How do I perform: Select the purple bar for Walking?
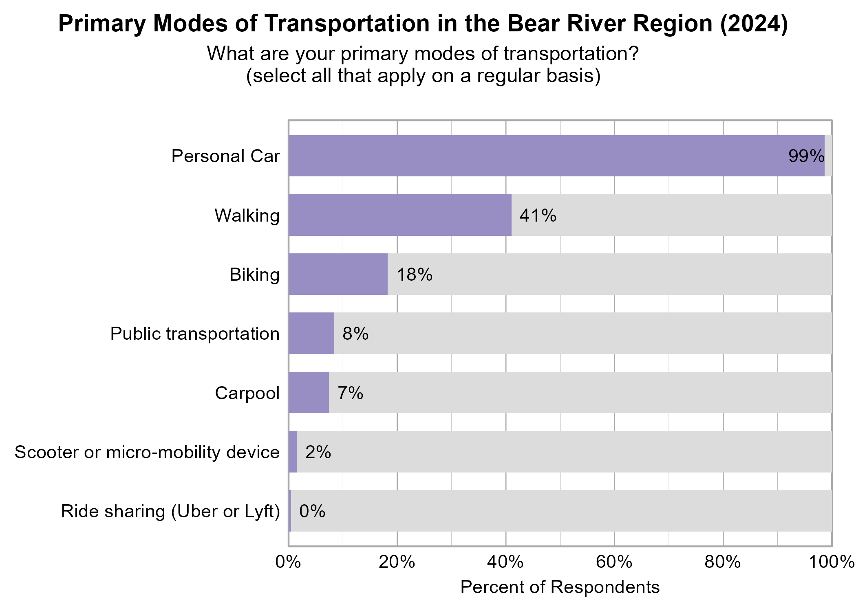tap(400, 215)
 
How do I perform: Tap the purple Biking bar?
tap(338, 274)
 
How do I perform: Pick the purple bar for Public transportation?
tap(311, 333)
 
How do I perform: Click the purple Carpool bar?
tap(309, 393)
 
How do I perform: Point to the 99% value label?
tap(806, 156)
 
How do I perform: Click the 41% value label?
tap(538, 215)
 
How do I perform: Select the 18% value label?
tap(414, 275)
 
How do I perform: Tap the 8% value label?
tap(355, 334)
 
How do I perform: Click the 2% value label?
tap(318, 452)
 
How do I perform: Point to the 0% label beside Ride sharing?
tap(312, 511)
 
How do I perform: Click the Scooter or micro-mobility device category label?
tap(147, 452)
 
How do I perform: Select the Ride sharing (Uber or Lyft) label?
tap(170, 512)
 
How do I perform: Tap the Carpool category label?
tap(247, 393)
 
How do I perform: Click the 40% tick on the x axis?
tap(505, 563)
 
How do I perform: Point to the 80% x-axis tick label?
tap(723, 563)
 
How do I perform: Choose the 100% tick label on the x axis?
tap(832, 563)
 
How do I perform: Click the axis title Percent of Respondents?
tap(560, 587)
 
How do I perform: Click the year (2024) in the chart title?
tap(754, 24)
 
